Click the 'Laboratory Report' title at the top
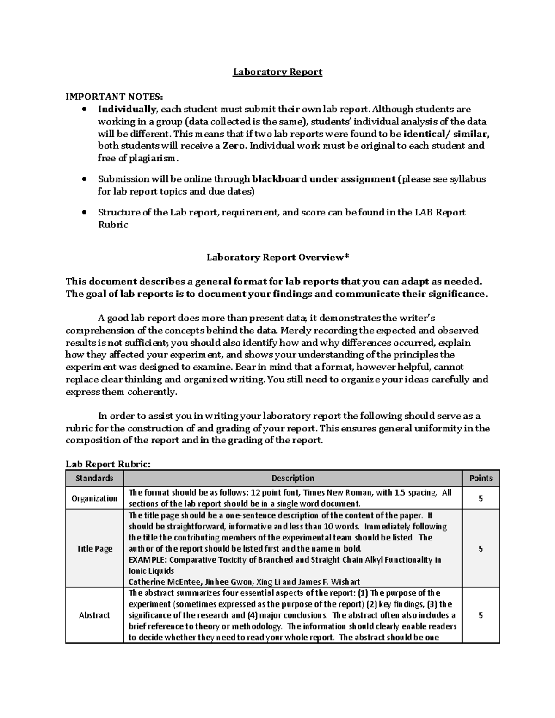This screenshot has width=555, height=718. tap(277, 72)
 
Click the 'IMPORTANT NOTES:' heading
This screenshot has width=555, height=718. tap(114, 97)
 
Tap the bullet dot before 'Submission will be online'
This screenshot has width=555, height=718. tap(84, 179)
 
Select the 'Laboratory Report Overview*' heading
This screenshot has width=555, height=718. tap(277, 258)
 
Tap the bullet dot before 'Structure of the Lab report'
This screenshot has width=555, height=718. tap(84, 213)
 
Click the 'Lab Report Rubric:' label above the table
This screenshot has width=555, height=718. tap(108, 464)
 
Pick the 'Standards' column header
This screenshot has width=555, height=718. tap(94, 478)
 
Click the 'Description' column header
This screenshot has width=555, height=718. tap(293, 478)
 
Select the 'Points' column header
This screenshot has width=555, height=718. tap(481, 478)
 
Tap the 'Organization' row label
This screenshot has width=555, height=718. tap(94, 498)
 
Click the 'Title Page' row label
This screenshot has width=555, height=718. tap(94, 549)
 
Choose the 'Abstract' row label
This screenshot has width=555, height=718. tap(94, 615)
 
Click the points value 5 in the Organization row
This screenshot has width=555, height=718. tap(481, 498)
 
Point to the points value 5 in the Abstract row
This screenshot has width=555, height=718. tap(481, 615)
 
